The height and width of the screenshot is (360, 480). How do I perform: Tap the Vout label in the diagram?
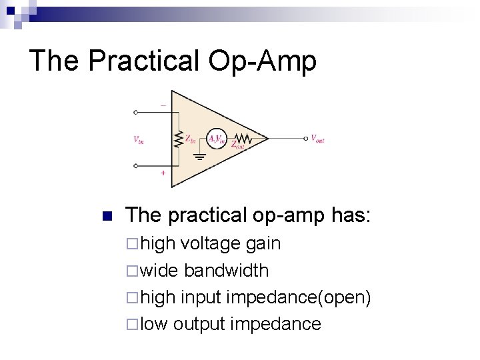(x=317, y=139)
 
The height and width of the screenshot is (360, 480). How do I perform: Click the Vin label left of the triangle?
(x=139, y=140)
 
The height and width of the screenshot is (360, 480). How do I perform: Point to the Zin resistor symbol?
(x=178, y=140)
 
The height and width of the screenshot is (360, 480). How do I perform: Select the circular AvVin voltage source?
(x=217, y=139)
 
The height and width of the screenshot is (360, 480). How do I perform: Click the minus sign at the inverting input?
(x=163, y=104)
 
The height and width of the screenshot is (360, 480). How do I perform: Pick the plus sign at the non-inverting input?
(x=163, y=173)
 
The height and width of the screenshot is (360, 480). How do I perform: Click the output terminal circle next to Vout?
(x=305, y=139)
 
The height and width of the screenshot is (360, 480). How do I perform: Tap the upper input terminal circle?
(x=136, y=113)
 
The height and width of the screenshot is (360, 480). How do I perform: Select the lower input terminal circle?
(x=136, y=167)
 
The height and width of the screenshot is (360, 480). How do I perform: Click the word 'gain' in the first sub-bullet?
(x=263, y=244)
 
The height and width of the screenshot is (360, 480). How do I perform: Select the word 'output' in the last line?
(x=199, y=325)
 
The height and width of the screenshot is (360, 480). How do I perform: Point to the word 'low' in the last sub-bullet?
(x=155, y=325)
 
